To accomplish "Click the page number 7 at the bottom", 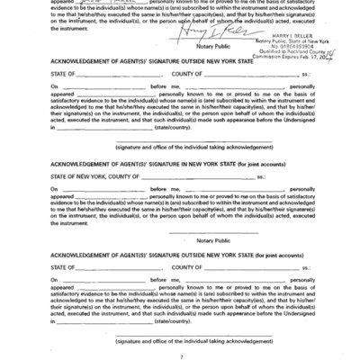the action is pos(180,355).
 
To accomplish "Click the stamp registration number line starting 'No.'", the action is pos(272,45).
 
